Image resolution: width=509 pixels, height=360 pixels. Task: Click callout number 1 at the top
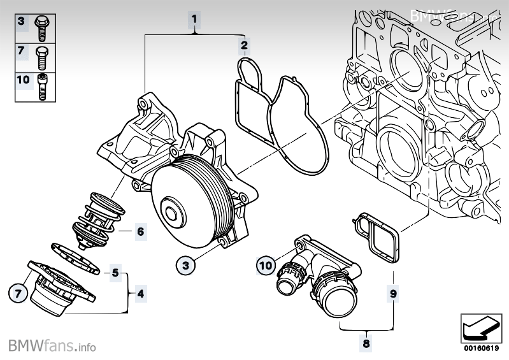[x=195, y=18]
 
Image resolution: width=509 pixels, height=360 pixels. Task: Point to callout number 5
[x=115, y=273]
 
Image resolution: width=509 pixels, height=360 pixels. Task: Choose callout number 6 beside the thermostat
[x=140, y=231]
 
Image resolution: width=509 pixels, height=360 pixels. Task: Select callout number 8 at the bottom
[x=366, y=343]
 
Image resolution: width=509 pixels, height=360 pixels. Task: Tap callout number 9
[x=394, y=294]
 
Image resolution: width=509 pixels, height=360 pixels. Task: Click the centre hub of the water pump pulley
[x=172, y=210]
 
